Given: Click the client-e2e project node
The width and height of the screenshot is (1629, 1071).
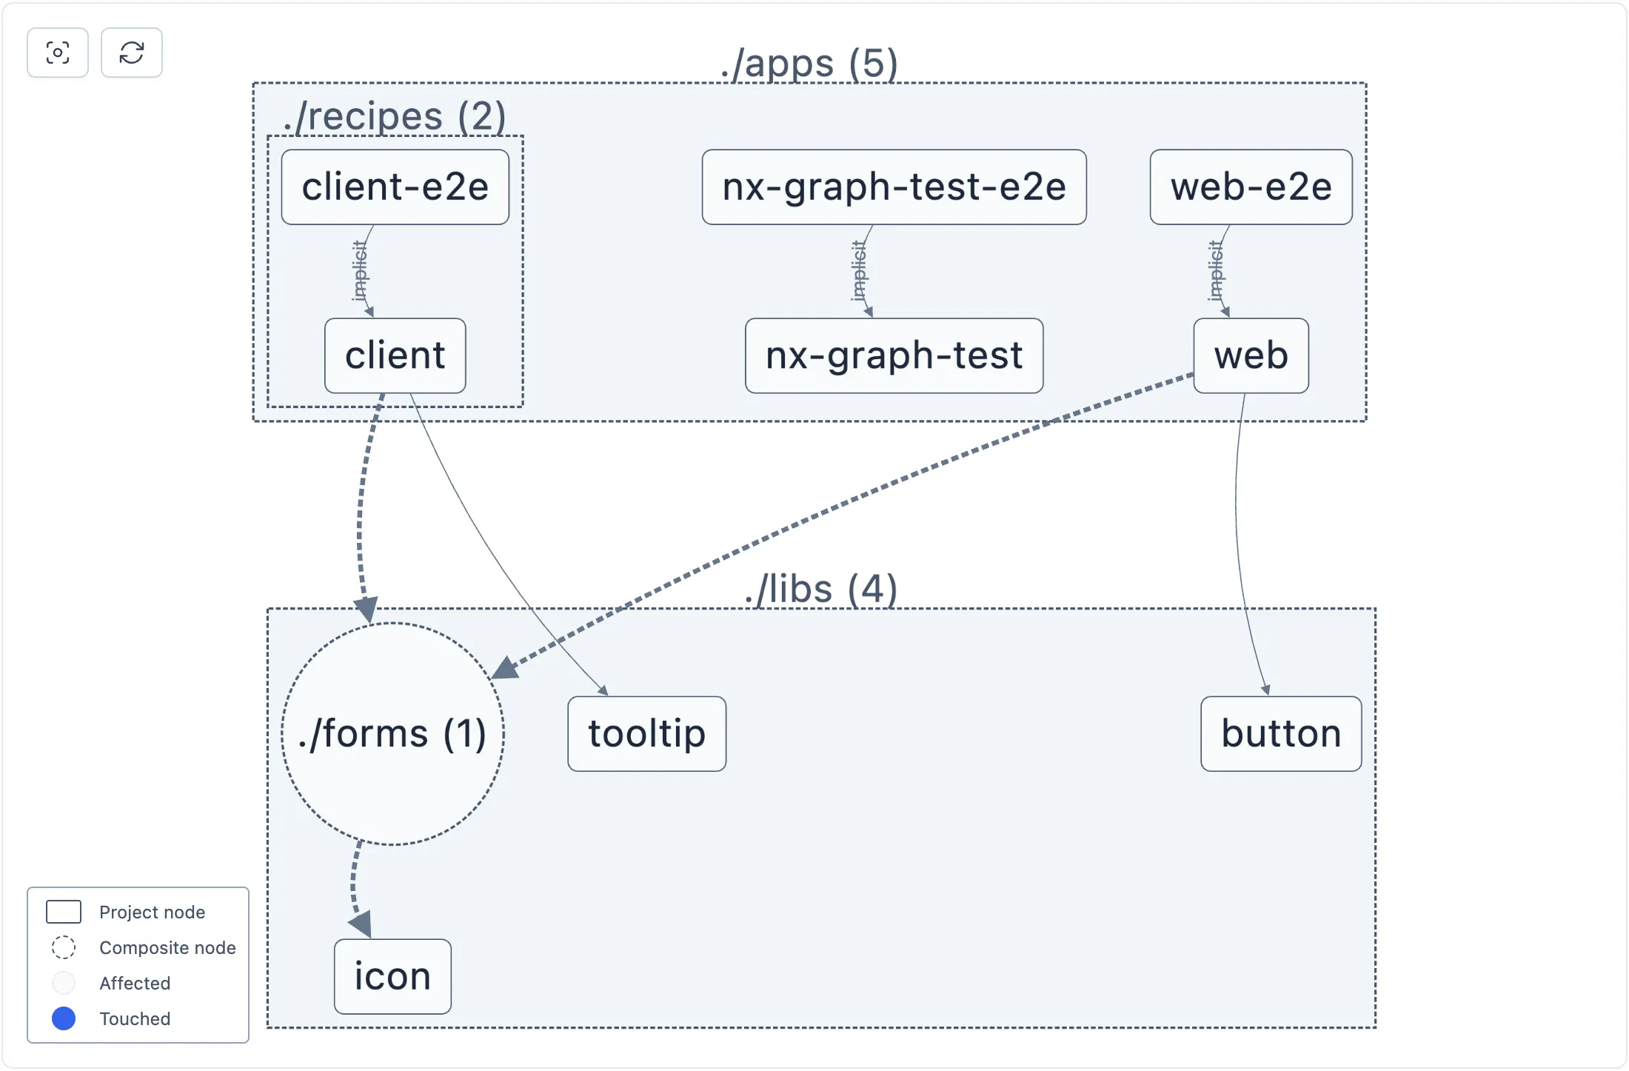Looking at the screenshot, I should pyautogui.click(x=395, y=187).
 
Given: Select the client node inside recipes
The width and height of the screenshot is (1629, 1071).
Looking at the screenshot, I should pyautogui.click(x=395, y=356).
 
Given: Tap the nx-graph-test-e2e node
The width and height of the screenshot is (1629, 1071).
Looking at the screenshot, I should pyautogui.click(x=894, y=187).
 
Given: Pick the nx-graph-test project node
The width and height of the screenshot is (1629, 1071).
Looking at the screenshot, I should pyautogui.click(x=894, y=356).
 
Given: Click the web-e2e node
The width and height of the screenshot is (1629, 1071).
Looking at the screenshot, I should pyautogui.click(x=1251, y=187).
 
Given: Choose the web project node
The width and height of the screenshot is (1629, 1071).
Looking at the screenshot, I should pyautogui.click(x=1251, y=356).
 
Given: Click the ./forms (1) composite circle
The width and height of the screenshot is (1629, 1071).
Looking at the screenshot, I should pyautogui.click(x=392, y=733).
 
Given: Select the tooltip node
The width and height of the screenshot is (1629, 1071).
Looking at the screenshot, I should pyautogui.click(x=646, y=733).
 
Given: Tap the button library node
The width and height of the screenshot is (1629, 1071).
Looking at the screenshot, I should pyautogui.click(x=1281, y=733).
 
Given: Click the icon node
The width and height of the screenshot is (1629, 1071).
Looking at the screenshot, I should pyautogui.click(x=392, y=976).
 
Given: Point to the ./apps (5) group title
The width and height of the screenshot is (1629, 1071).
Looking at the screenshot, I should pyautogui.click(x=809, y=64).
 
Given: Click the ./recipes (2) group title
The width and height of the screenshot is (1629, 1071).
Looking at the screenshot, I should pyautogui.click(x=395, y=117).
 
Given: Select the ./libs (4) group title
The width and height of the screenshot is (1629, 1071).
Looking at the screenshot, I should pyautogui.click(x=821, y=590).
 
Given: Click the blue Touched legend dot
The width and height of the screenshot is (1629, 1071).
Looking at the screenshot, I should pyautogui.click(x=64, y=1018).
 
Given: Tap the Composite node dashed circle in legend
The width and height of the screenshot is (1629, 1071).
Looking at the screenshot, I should pyautogui.click(x=64, y=947).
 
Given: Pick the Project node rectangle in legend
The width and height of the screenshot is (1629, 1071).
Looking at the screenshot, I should pyautogui.click(x=64, y=912).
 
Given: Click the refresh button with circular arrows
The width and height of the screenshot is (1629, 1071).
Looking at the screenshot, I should pyautogui.click(x=132, y=53).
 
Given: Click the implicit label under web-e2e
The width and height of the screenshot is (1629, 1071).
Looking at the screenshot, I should pyautogui.click(x=1215, y=271).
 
